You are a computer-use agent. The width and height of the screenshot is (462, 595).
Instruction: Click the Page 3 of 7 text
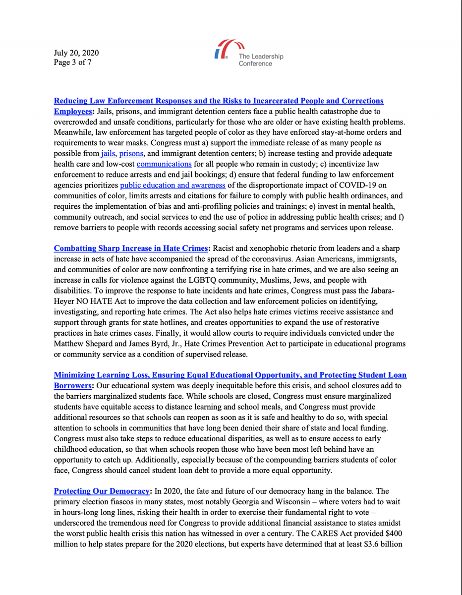pyautogui.click(x=72, y=62)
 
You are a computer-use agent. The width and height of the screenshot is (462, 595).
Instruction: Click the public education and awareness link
pyautogui.click(x=173, y=185)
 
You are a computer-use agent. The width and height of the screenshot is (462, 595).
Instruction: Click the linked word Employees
pyautogui.click(x=72, y=111)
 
